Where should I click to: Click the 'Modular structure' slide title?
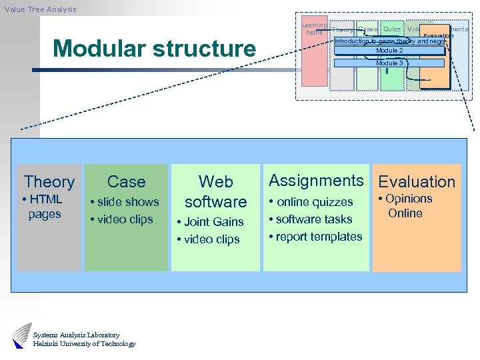click(x=154, y=49)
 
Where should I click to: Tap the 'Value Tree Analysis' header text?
click(x=40, y=9)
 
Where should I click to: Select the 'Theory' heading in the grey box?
click(x=49, y=181)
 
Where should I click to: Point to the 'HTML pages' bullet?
click(x=44, y=207)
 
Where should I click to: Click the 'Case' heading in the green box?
click(x=126, y=181)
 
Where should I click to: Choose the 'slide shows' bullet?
click(x=127, y=202)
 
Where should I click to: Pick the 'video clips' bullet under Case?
click(x=124, y=219)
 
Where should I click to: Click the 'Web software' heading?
click(x=215, y=191)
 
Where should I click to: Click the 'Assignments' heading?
click(x=316, y=181)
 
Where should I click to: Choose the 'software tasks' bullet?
click(x=314, y=219)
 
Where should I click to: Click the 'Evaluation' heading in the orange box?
click(x=417, y=181)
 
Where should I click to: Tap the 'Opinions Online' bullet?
click(x=406, y=206)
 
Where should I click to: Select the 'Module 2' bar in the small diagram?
click(x=389, y=51)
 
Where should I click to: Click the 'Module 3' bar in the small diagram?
click(x=389, y=63)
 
